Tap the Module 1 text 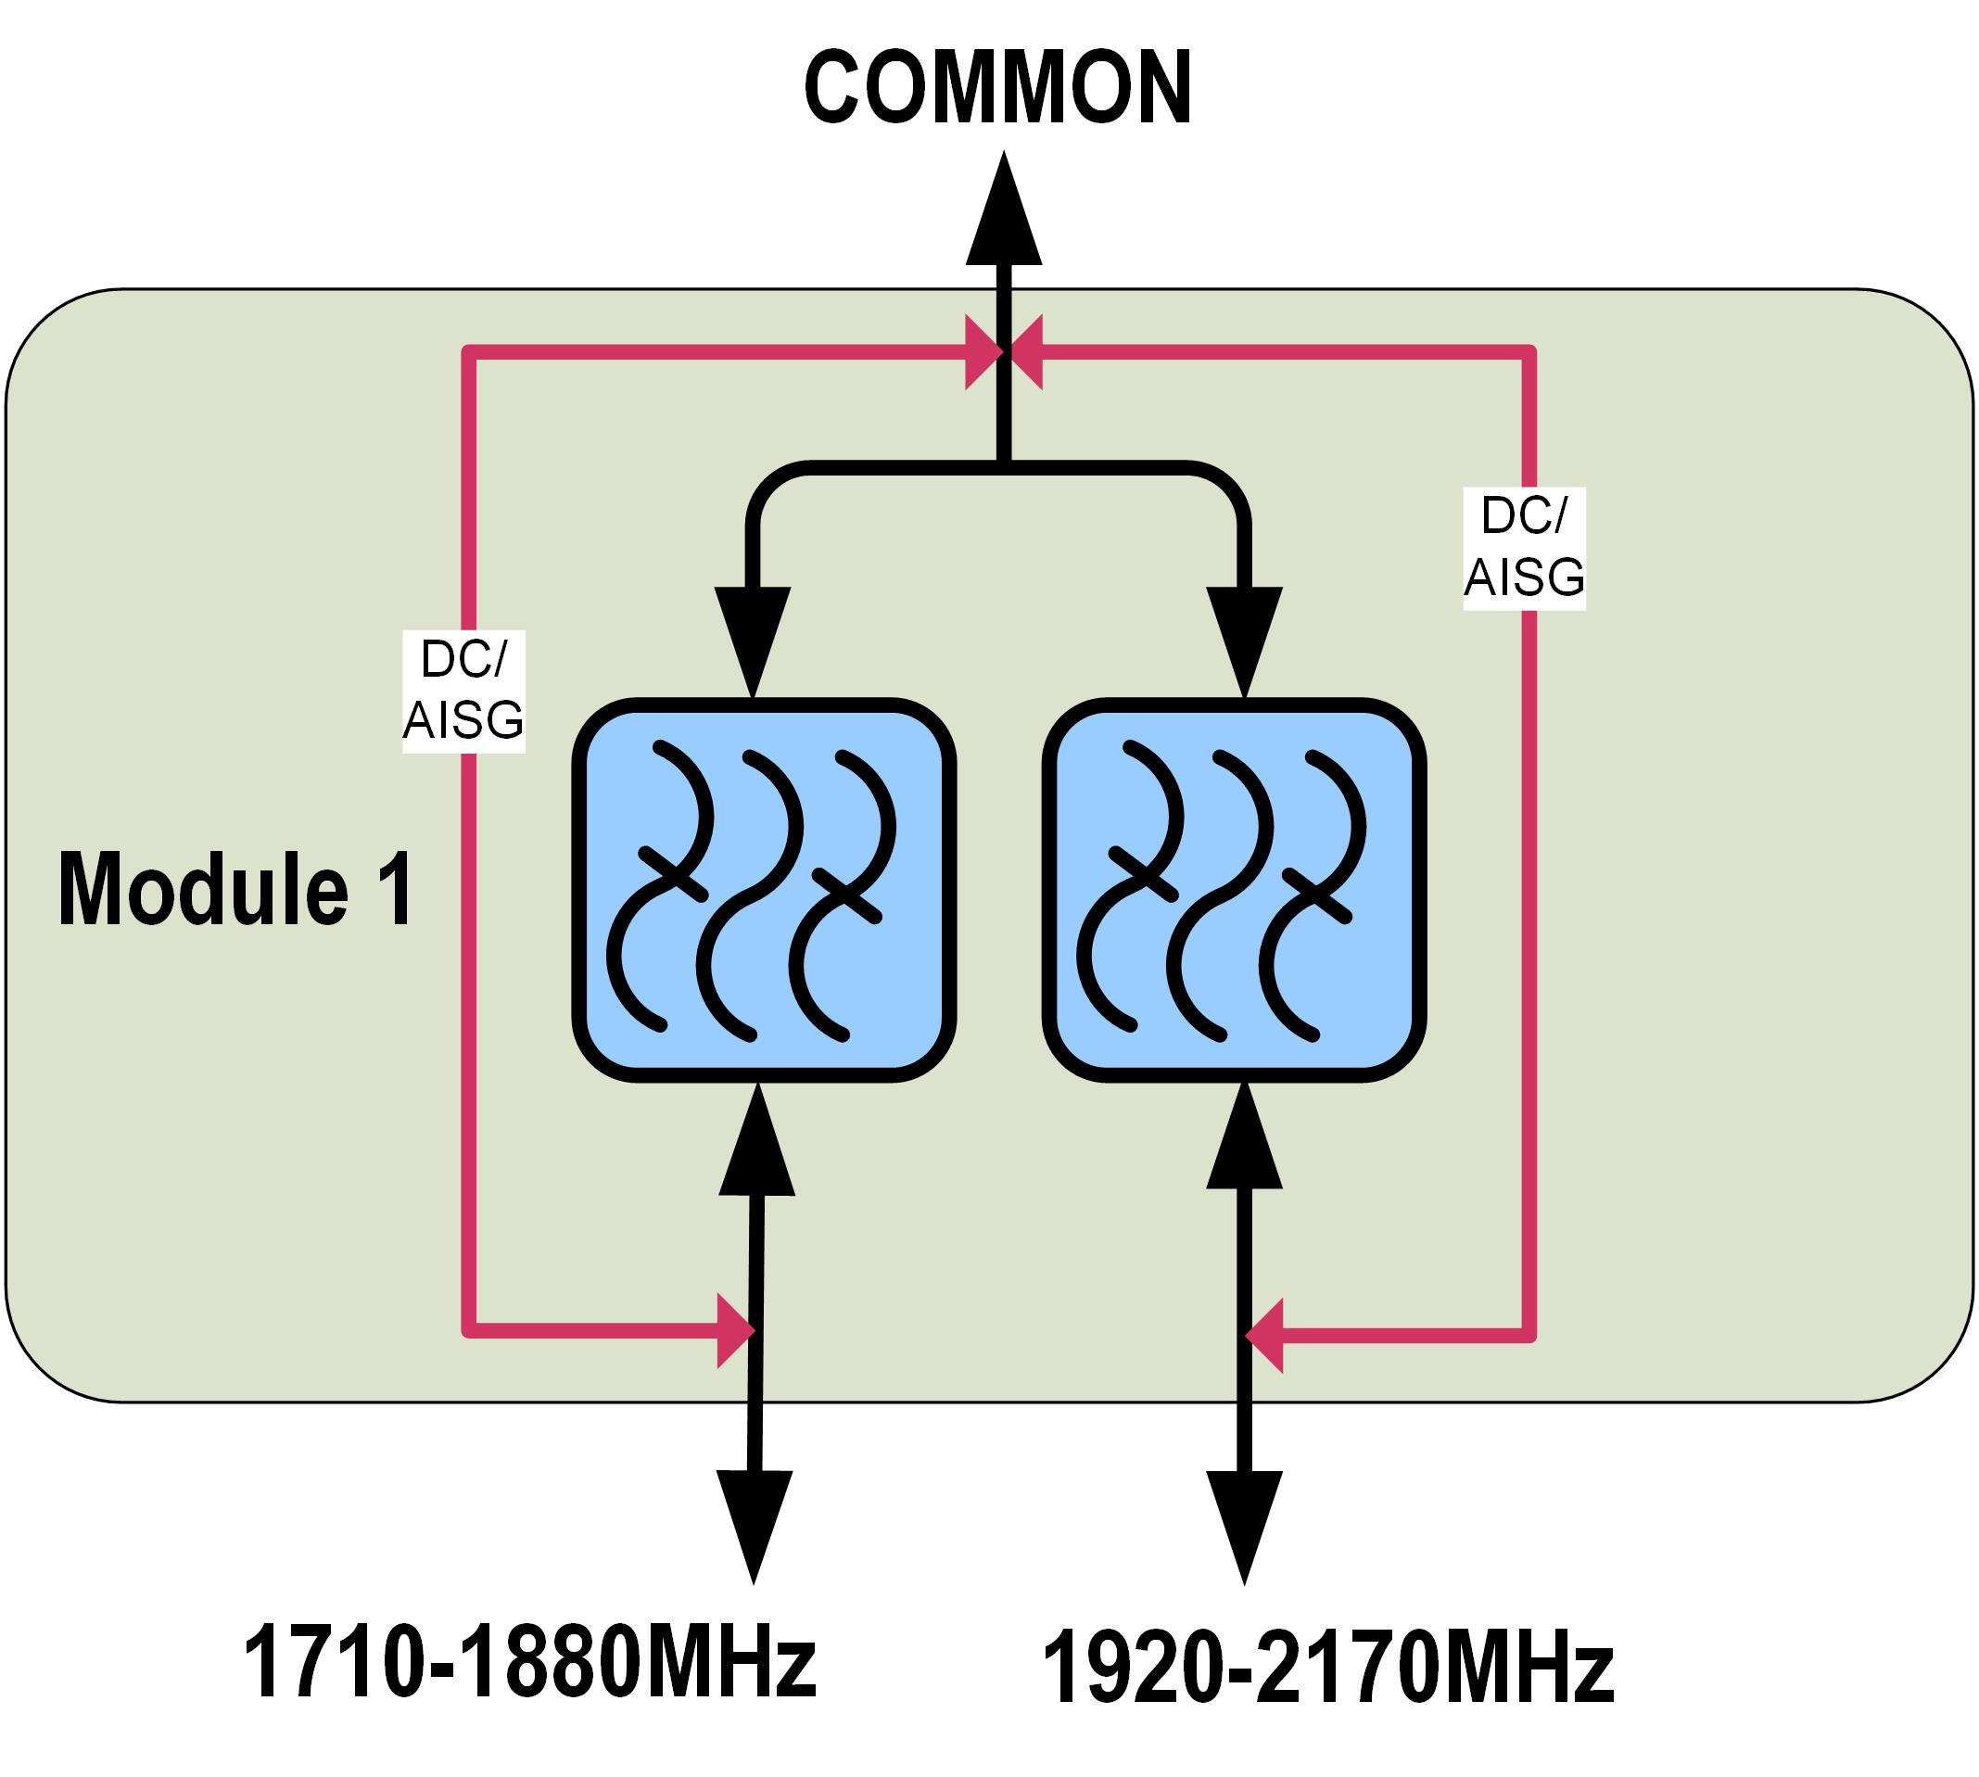pos(236,890)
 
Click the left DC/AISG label pos(463,692)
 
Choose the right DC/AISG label pos(1523,548)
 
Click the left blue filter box pos(764,891)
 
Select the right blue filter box pos(1234,891)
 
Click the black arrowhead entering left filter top pos(753,636)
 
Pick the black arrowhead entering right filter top pos(1245,636)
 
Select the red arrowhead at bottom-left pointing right pos(734,1330)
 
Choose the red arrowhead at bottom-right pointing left pos(1266,1335)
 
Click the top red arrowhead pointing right pos(982,351)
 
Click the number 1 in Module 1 pos(399,890)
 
